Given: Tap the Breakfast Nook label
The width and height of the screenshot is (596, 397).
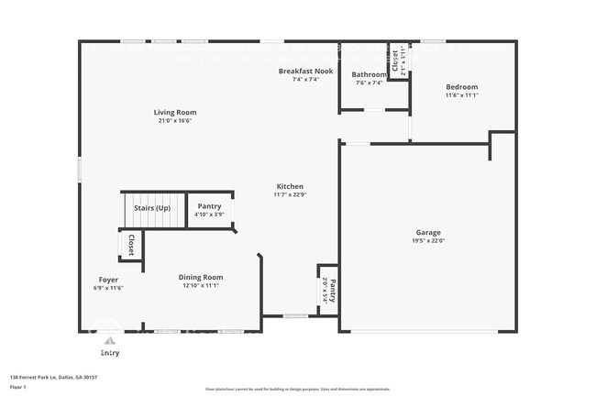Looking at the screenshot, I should (x=305, y=71).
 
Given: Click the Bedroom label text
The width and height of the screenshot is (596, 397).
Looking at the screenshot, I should (x=461, y=87).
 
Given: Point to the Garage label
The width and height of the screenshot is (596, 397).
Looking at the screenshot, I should (x=428, y=232).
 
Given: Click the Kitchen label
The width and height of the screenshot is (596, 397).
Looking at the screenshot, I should (x=288, y=186).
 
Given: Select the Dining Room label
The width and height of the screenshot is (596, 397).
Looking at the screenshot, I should (x=200, y=277).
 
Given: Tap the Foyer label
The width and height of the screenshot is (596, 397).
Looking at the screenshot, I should (x=109, y=280).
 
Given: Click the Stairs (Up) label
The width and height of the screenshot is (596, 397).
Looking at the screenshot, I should (x=152, y=207).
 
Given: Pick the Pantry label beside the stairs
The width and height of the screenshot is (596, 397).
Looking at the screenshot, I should (x=209, y=206).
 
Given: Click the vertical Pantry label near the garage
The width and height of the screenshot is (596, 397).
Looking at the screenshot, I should (x=332, y=292).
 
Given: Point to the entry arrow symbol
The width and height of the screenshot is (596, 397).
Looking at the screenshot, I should (x=109, y=340).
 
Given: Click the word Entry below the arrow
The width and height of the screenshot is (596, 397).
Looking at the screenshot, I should (x=109, y=352).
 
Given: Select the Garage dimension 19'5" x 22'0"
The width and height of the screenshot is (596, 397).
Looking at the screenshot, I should (x=428, y=240).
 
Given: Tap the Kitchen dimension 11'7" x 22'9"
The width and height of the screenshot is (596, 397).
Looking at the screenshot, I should (x=288, y=194).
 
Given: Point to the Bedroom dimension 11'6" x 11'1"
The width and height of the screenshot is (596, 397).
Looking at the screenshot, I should (x=461, y=95).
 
